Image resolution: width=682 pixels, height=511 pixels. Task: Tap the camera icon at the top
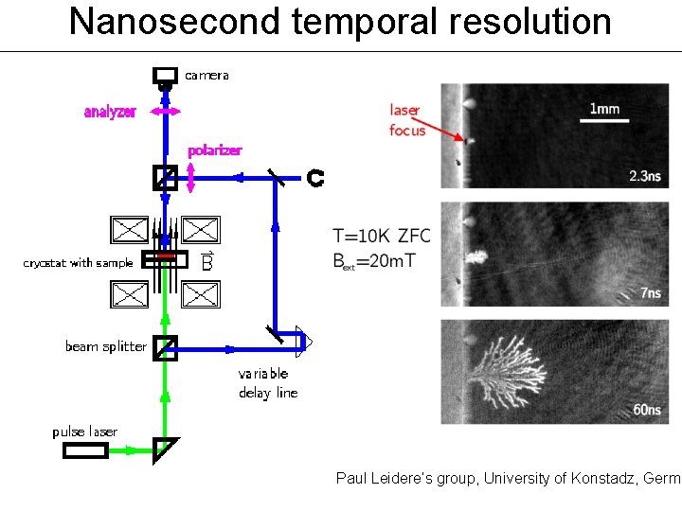point(165,76)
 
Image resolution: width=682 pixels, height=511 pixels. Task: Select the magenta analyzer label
point(110,112)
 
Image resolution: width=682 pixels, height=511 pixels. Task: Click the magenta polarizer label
point(214,150)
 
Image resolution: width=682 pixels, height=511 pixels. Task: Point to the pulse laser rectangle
point(85,450)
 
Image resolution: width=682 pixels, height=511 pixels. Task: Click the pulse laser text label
point(84,432)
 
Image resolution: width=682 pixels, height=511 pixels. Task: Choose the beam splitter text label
point(105,346)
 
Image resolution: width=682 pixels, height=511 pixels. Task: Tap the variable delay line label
point(267,382)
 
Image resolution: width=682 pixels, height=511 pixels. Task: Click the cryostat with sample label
point(78,262)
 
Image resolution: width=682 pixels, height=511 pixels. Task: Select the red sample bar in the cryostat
point(166,256)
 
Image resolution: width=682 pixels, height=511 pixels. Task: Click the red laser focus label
point(406,120)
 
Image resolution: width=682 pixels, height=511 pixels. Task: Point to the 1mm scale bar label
point(604,109)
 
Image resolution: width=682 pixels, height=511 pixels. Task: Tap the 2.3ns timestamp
point(647,175)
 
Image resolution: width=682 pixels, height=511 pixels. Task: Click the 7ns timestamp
point(651,293)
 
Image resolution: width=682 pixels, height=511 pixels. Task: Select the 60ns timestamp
point(647,410)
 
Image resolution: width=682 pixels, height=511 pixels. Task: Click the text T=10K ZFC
point(383,235)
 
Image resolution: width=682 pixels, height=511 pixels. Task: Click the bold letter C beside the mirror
point(315,177)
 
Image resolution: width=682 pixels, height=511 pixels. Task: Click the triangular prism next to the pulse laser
point(165,449)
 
